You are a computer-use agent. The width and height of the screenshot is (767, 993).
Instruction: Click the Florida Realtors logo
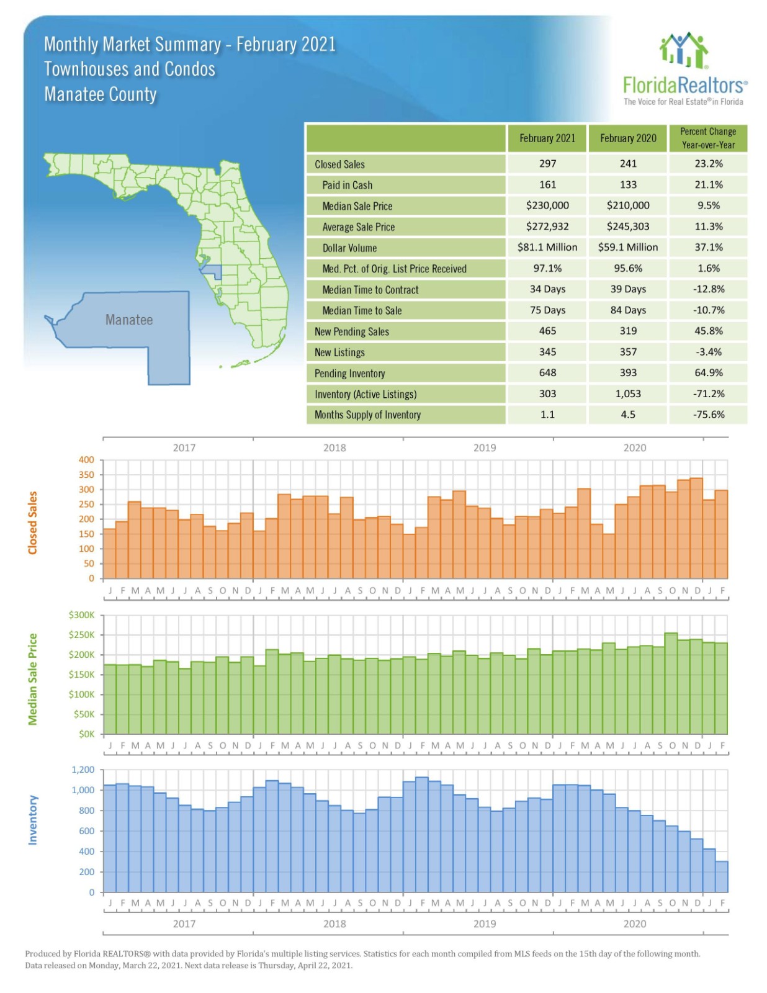click(684, 70)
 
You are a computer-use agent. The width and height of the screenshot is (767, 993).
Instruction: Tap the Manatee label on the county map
click(128, 320)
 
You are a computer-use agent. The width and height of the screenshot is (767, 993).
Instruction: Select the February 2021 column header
click(547, 138)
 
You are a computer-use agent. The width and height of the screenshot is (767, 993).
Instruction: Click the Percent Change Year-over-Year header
click(707, 138)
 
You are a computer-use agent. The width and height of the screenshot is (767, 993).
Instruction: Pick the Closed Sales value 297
click(547, 164)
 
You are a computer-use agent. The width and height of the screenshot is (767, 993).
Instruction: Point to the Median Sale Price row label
click(357, 206)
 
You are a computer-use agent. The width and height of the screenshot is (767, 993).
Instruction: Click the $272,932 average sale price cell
click(547, 227)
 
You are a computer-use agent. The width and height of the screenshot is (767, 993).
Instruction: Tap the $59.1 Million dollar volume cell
click(627, 247)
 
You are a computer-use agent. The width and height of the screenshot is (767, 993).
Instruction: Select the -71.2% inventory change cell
click(708, 393)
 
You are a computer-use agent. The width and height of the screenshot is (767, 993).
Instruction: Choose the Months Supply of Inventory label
click(367, 415)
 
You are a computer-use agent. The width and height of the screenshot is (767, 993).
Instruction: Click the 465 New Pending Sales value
click(547, 331)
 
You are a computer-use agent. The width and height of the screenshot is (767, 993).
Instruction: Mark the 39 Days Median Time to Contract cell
click(627, 289)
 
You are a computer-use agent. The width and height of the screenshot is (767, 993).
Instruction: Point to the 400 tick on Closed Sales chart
click(86, 460)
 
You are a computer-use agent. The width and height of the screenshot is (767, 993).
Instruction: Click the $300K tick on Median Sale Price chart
click(82, 615)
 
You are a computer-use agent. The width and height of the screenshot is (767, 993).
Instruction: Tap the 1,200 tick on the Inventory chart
click(83, 770)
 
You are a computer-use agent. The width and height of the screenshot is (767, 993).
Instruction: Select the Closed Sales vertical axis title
click(33, 523)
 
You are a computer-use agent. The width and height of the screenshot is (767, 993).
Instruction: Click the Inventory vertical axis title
click(33, 819)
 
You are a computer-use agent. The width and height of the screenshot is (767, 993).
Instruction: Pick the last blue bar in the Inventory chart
click(722, 876)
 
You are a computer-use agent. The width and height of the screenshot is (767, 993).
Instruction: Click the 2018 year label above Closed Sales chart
click(334, 447)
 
